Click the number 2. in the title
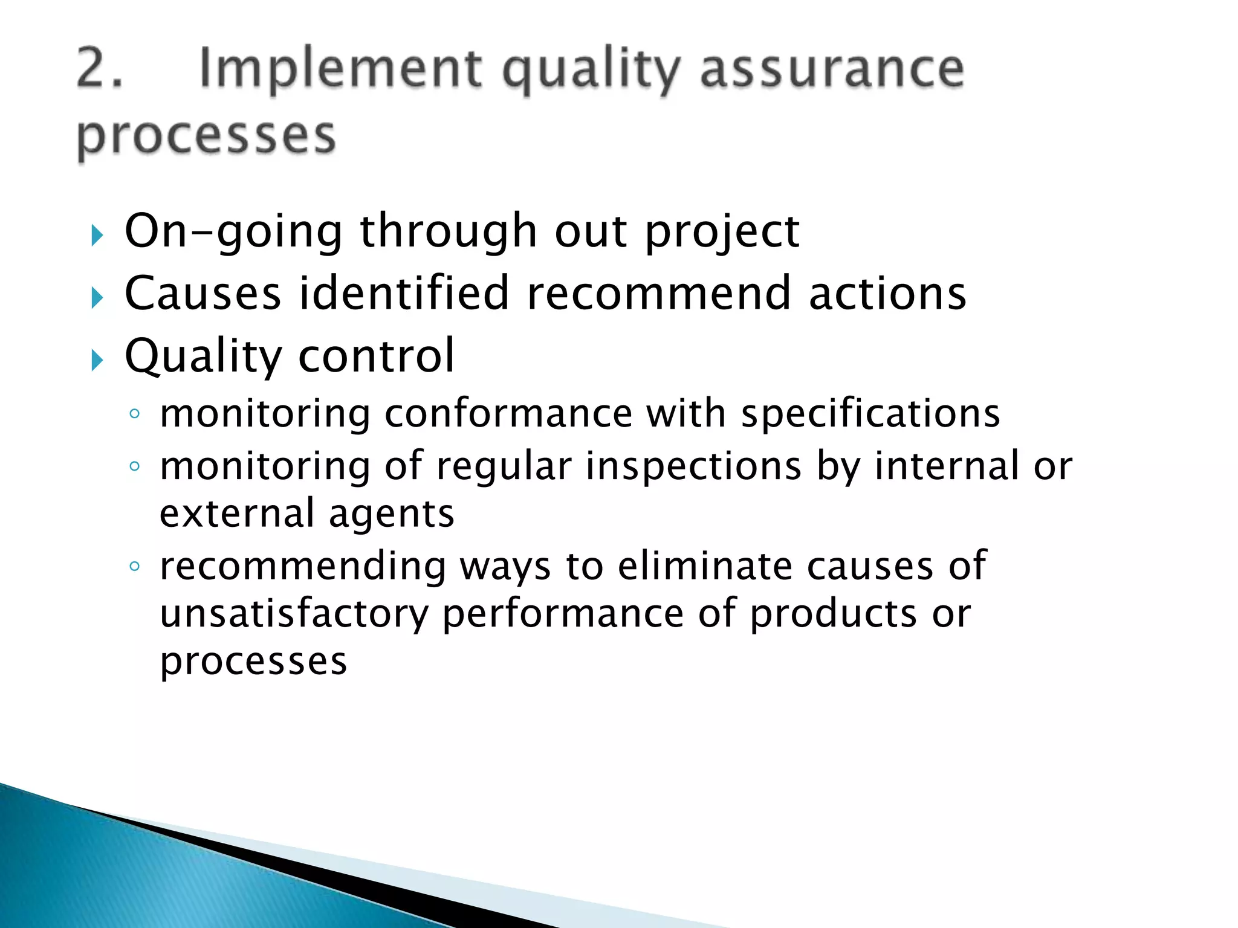pos(100,69)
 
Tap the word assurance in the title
pos(831,69)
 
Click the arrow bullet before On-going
pos(97,235)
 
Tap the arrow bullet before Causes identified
pos(97,298)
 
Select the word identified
pos(404,294)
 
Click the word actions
pos(887,294)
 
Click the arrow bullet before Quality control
pos(97,361)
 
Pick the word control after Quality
pos(376,356)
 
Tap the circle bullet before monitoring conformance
pos(135,414)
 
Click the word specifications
pos(870,414)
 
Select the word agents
pos(391,514)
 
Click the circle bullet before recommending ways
pos(135,567)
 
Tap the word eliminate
pos(705,567)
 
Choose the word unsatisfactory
pos(294,614)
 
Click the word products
pos(834,614)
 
